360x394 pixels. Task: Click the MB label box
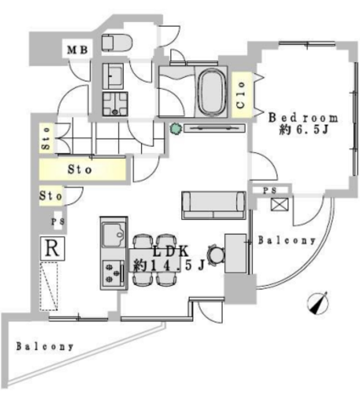point(77,49)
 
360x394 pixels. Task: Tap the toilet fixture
point(117,43)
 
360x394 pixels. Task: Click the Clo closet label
point(242,95)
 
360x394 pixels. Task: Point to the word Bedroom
point(303,118)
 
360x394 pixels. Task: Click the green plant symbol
point(176,128)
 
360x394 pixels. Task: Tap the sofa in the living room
point(213,206)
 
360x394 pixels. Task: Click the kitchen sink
point(113,235)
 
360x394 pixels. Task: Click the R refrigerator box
point(53,248)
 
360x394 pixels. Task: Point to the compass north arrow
point(318,303)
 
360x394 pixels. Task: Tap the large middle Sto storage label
point(80,169)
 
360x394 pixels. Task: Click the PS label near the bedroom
point(270,191)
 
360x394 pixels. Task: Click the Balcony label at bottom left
point(45,347)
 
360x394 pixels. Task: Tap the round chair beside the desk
point(216,255)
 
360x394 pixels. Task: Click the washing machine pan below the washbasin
point(115,104)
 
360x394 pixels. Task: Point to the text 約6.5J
point(304,129)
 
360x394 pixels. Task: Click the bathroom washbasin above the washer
point(113,76)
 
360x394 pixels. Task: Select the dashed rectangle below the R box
point(49,286)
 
